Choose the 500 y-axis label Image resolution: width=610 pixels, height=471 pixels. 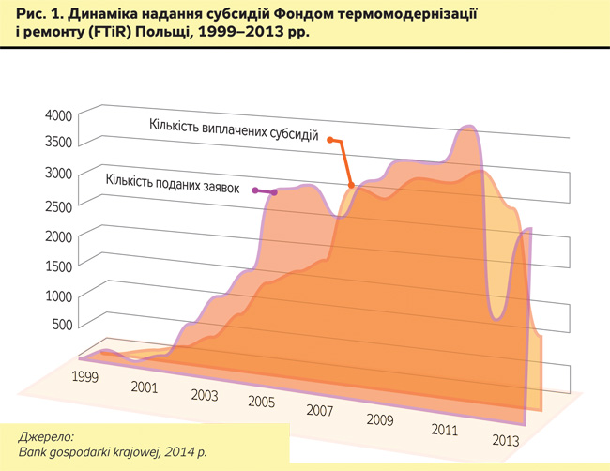[61, 326]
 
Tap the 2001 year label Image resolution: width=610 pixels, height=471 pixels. [144, 386]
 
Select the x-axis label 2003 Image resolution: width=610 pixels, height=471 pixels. [204, 395]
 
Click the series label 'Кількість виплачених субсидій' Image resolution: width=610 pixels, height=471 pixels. [234, 129]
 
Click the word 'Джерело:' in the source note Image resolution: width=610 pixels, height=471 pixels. [45, 437]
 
